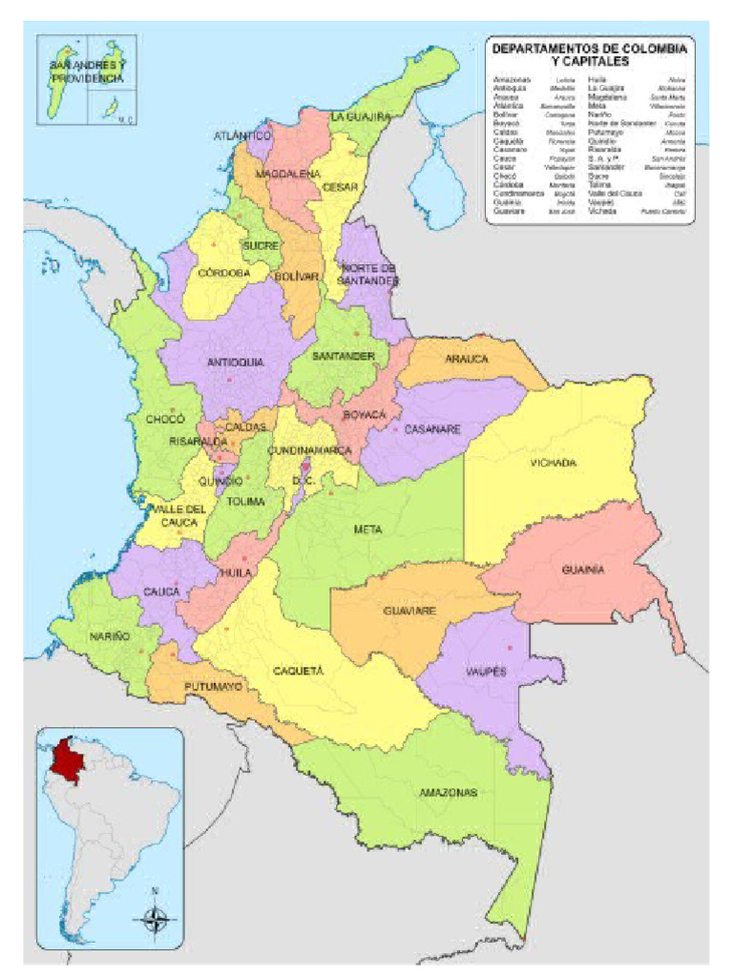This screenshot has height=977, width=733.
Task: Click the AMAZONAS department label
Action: [x=448, y=793]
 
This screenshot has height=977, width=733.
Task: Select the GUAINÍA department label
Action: [x=582, y=570]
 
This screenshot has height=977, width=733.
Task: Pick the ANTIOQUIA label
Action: [x=235, y=363]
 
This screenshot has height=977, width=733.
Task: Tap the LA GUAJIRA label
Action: [x=361, y=116]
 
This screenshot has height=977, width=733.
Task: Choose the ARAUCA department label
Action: [x=466, y=360]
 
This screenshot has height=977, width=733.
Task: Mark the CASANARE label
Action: [x=432, y=429]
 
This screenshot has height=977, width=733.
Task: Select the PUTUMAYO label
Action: [x=212, y=687]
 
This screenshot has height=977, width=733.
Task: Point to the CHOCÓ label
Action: [x=164, y=419]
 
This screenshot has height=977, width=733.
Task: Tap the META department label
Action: [x=368, y=529]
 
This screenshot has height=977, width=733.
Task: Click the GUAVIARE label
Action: [x=410, y=610]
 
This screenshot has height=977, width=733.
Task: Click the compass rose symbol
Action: [x=156, y=920]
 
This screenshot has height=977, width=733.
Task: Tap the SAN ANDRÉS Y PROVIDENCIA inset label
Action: [x=87, y=71]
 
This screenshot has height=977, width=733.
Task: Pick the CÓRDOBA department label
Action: [x=223, y=273]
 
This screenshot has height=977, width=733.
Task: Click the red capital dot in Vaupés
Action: [x=510, y=649]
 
